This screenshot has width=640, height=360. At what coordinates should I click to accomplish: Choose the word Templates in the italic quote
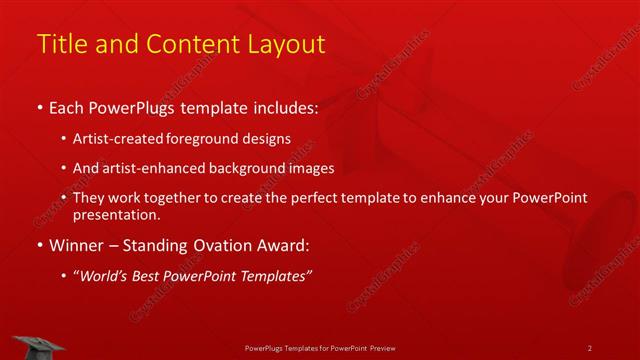tap(275, 276)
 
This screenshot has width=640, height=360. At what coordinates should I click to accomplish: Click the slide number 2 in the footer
tap(590, 348)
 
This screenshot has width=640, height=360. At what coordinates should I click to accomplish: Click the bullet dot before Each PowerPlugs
tap(39, 105)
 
